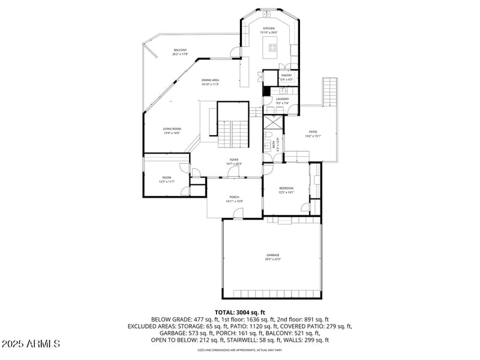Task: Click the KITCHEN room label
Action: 268,28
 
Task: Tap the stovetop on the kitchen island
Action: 274,47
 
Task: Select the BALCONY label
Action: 181,50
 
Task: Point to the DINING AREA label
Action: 210,80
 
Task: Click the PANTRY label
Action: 286,75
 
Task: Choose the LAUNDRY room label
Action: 283,99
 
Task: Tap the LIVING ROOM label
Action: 172,129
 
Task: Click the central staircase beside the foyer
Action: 232,129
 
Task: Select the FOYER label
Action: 234,160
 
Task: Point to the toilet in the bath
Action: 266,146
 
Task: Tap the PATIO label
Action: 313,132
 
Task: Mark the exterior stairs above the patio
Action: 331,91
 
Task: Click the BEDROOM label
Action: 286,188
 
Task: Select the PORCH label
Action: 234,197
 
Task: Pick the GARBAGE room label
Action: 273,255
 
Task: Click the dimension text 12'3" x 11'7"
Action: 166,182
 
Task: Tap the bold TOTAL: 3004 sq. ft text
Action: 239,313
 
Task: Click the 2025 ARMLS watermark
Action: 31,344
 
